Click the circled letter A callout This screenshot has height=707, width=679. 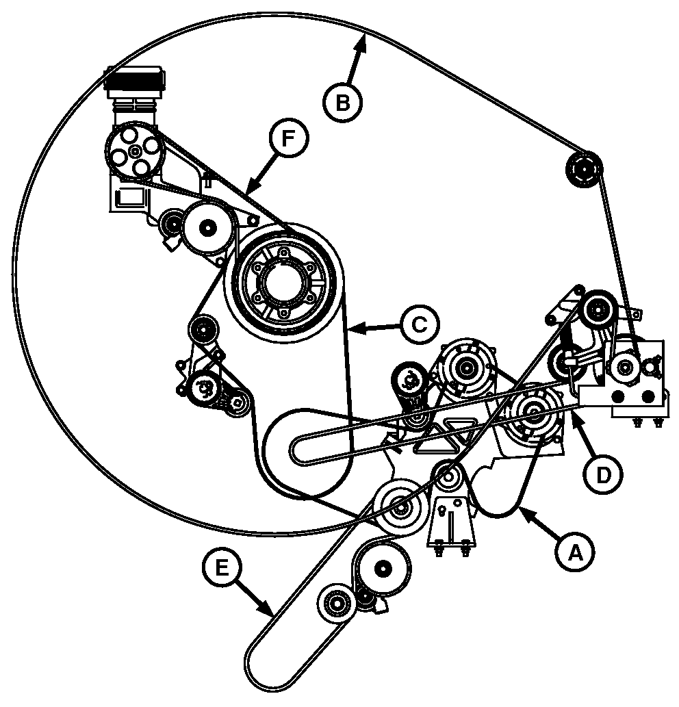click(x=574, y=553)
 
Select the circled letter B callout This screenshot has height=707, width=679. click(x=343, y=103)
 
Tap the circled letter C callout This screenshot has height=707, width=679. click(x=420, y=325)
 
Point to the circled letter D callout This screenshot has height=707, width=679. click(x=603, y=475)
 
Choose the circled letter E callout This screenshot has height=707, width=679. click(x=221, y=567)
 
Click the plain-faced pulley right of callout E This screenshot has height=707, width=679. click(x=383, y=569)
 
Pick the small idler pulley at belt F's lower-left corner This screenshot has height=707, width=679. click(x=202, y=331)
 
